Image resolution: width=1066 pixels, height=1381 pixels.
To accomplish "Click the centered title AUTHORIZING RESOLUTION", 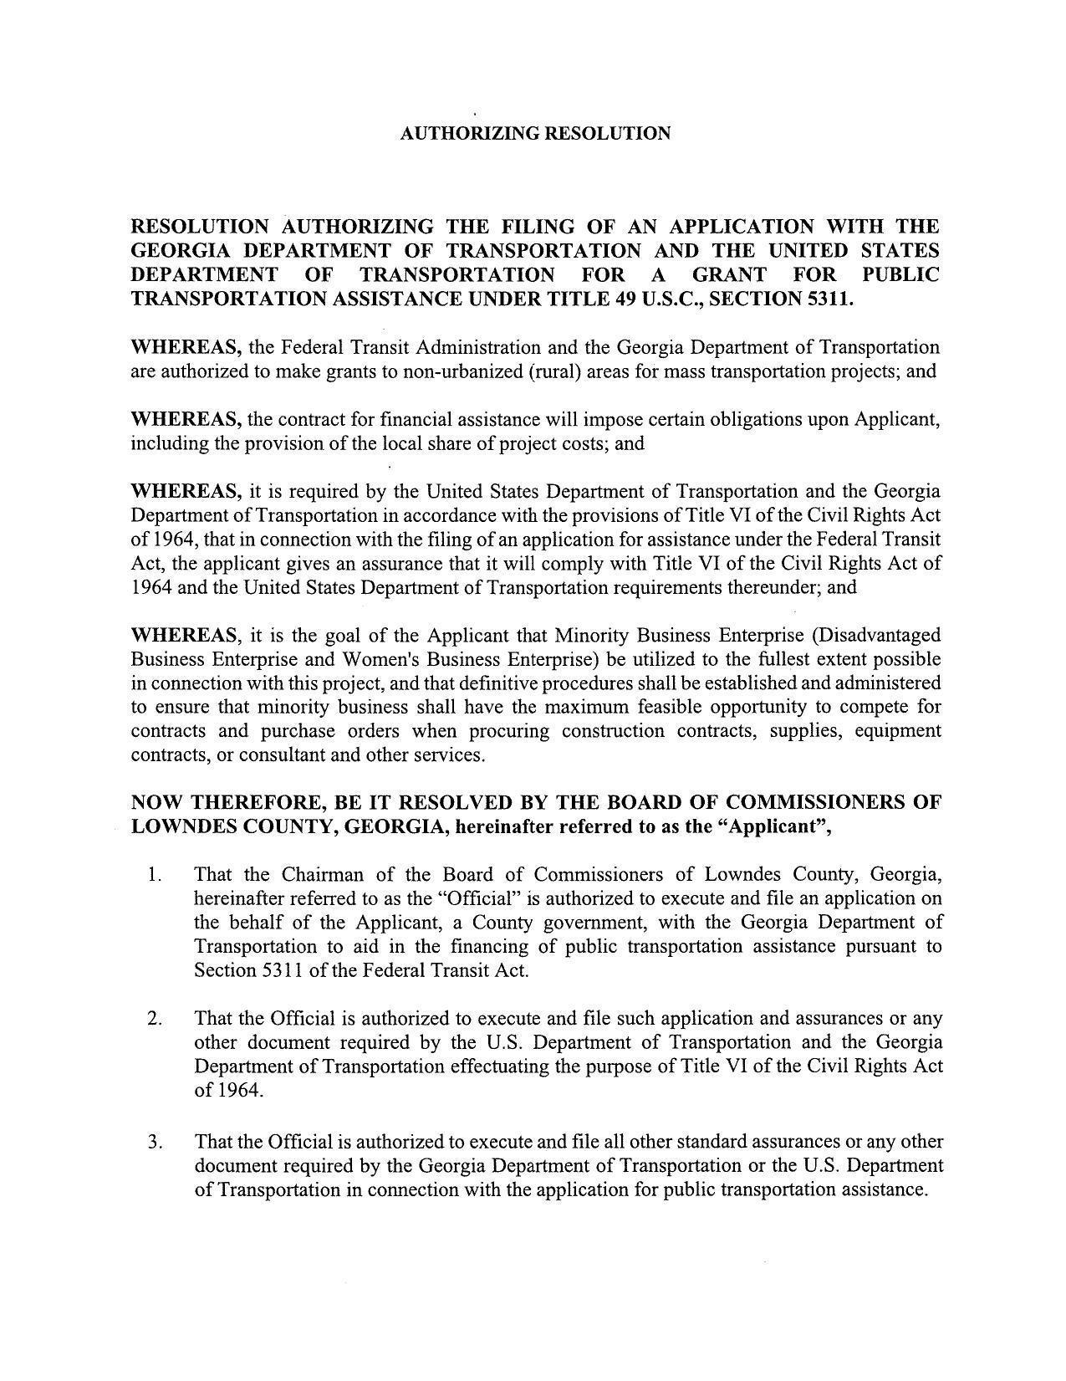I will point(535,134).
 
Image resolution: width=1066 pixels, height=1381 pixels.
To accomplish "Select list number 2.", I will point(154,1019).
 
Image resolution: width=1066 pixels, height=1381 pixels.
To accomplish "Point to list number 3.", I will point(154,1142).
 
